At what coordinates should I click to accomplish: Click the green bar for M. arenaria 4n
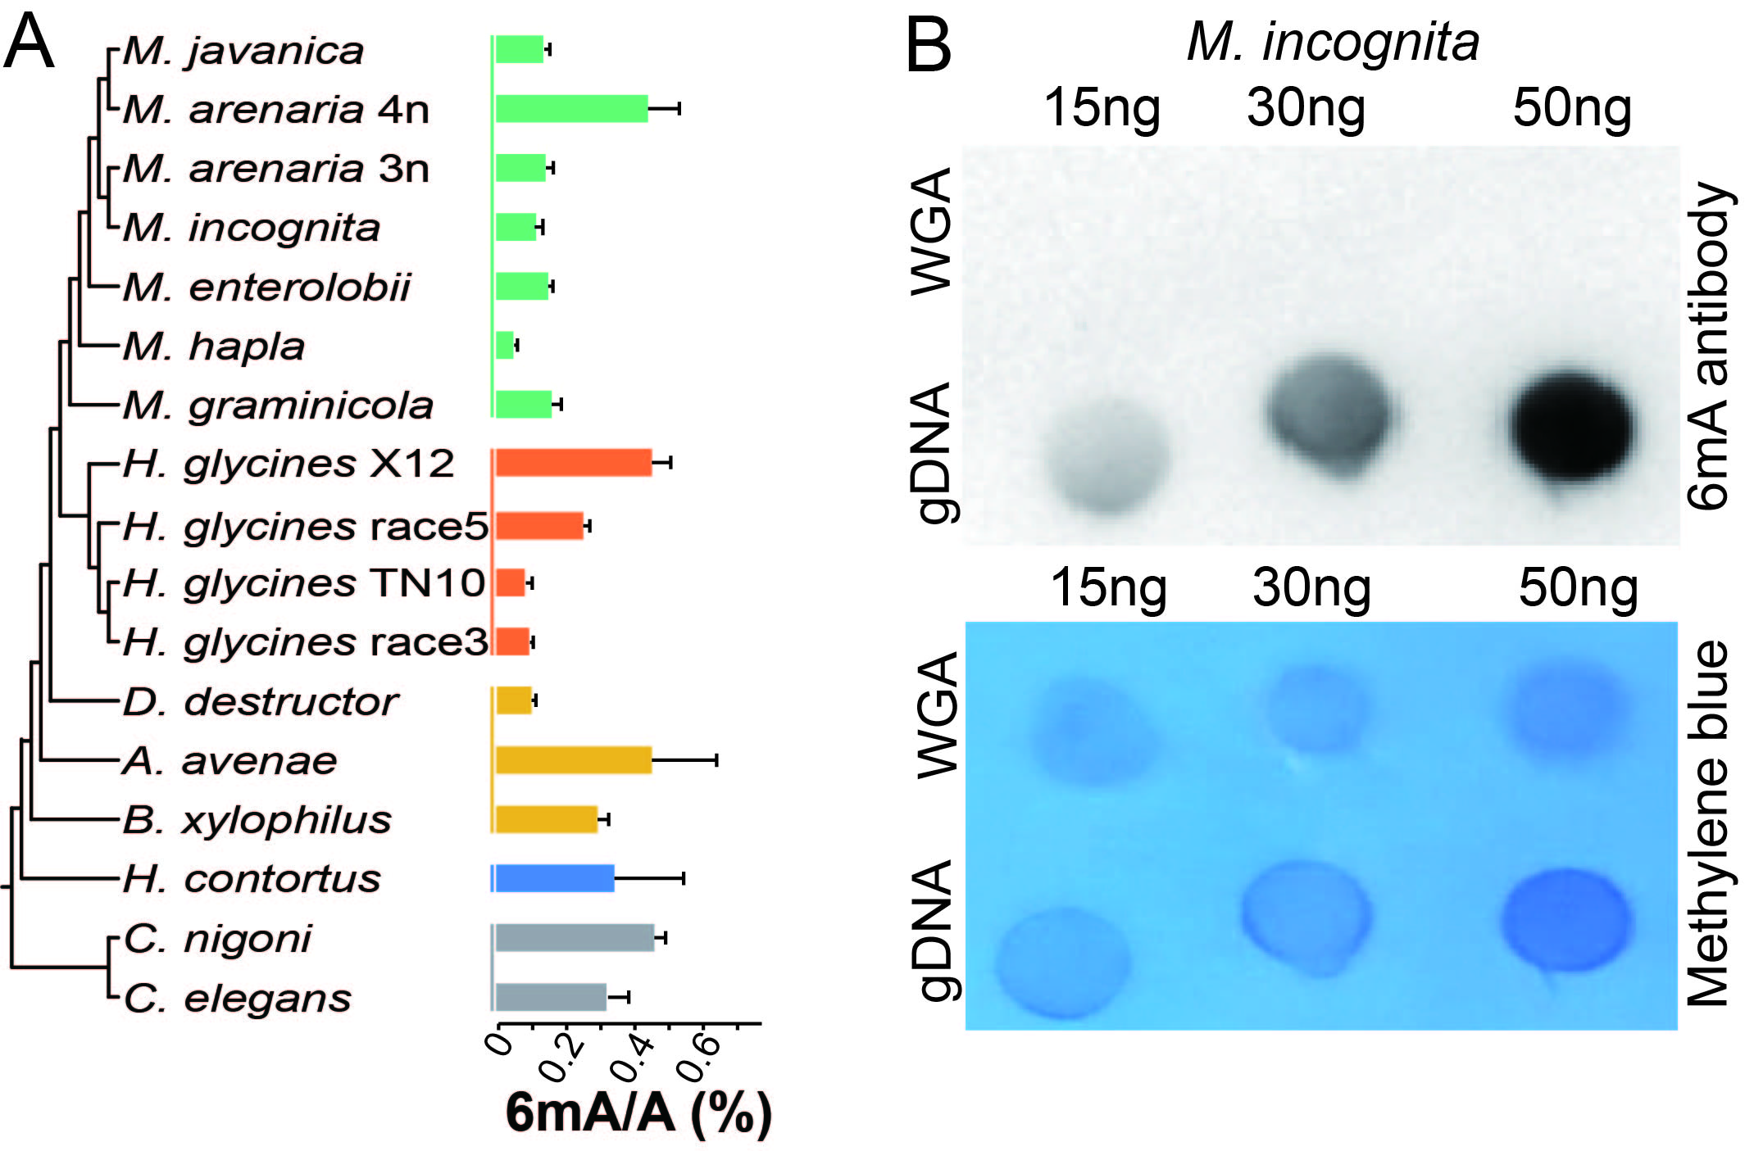point(571,109)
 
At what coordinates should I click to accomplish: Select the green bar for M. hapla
point(505,346)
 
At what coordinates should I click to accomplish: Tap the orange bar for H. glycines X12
point(574,463)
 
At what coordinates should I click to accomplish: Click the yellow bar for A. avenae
point(574,760)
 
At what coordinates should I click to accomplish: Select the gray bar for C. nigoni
point(575,938)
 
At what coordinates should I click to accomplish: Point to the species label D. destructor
point(261,702)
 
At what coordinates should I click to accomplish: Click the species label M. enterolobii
point(266,288)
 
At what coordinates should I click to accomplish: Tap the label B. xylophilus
point(257,820)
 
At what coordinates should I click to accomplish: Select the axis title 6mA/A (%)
point(638,1113)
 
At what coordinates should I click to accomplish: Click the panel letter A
point(30,43)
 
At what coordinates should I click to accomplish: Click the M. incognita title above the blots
point(1333,42)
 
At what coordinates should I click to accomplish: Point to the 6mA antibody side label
point(1711,346)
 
